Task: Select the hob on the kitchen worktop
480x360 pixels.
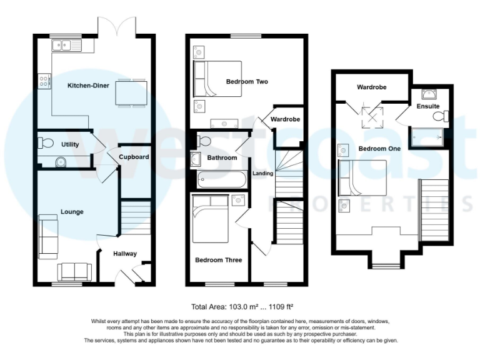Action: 44,81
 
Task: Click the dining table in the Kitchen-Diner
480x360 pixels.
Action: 133,93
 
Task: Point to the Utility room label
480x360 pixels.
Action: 70,144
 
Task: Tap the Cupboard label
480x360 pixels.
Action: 134,157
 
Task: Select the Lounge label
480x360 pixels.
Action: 72,212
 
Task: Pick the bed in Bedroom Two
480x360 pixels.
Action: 216,78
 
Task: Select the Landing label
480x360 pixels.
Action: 263,173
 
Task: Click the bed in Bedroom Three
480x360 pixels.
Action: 210,220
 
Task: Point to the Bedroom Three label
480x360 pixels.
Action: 218,260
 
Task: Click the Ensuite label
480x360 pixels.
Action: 428,107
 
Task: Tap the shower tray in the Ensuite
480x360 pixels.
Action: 428,135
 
